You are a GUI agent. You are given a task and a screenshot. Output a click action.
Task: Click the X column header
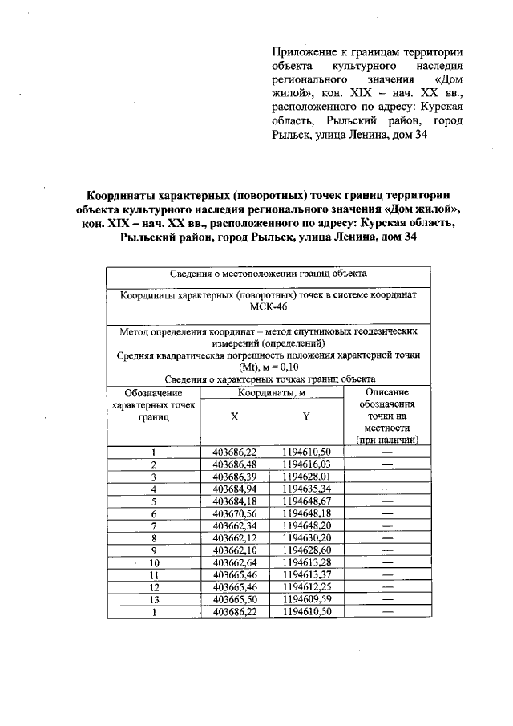point(234,416)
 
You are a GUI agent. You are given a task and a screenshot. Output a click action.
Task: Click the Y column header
point(306,416)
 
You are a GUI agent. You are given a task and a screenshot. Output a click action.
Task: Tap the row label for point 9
point(153,550)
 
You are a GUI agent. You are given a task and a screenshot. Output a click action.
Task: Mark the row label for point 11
point(153,574)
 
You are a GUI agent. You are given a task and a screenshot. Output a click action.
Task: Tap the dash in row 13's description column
point(388,599)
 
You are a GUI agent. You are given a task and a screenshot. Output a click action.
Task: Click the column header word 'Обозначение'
point(153,392)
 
